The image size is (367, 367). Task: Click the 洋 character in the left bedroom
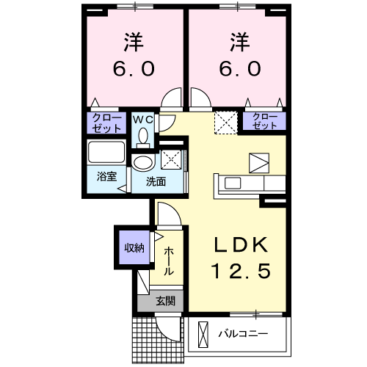pos(133,41)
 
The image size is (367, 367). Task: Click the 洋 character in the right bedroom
pos(238,41)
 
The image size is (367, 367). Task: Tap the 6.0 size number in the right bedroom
pos(238,69)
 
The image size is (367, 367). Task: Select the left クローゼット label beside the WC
pos(108,122)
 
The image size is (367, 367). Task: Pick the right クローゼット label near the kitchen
pos(265,121)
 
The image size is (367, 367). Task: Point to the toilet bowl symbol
pos(143,137)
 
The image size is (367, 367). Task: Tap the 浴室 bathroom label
pos(106,176)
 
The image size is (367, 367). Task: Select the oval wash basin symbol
pos(142,163)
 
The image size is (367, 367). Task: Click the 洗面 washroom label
pos(153,181)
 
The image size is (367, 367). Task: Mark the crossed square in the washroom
pos(171,158)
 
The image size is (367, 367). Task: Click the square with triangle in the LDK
pos(259,162)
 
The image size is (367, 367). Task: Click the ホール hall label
pos(169,261)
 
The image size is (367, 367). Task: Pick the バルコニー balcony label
pos(243,335)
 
